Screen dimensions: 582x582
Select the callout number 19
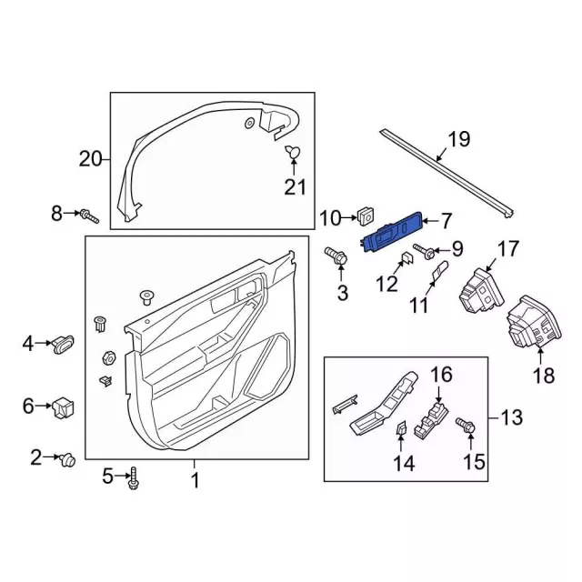[459, 139]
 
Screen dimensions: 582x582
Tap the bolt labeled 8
[89, 216]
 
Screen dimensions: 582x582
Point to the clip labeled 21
[293, 152]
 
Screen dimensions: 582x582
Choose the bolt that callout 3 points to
[336, 256]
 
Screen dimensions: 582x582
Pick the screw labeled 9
[425, 251]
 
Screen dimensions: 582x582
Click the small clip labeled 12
[406, 257]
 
